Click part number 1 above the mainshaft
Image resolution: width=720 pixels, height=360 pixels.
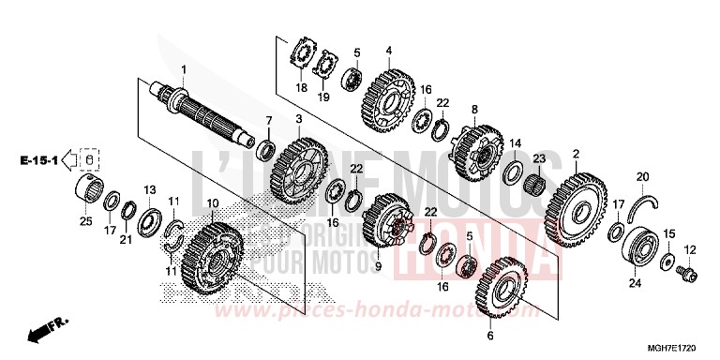tap(184, 70)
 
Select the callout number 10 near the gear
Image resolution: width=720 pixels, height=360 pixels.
tap(213, 203)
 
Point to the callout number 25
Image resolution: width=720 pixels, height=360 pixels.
tap(83, 220)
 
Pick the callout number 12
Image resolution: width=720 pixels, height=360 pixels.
tap(690, 249)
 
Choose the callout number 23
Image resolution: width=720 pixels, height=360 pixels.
tap(539, 158)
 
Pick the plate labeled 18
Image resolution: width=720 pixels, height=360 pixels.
tap(302, 53)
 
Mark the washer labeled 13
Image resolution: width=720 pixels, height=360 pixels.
tap(148, 223)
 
